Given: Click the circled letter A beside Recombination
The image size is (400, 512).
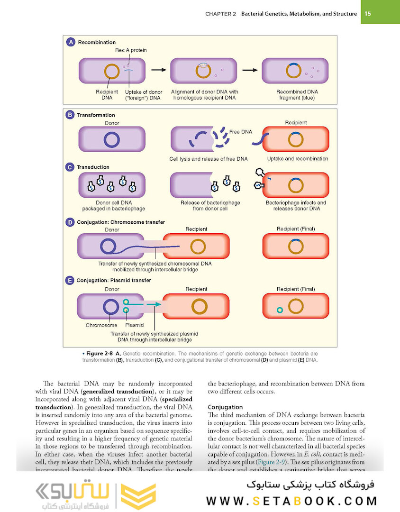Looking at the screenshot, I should click(x=71, y=42).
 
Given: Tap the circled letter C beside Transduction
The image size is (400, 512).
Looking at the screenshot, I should click(x=70, y=167).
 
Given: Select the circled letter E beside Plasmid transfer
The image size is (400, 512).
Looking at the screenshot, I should click(x=70, y=280).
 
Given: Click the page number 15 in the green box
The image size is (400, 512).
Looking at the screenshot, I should click(x=368, y=14).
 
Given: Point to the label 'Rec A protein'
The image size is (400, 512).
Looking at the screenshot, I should click(x=131, y=50).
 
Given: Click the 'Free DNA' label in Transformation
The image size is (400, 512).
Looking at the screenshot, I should click(x=241, y=132).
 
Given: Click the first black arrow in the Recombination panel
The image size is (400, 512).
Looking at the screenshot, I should click(x=159, y=70).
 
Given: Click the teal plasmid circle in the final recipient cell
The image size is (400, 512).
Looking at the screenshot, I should click(x=280, y=310).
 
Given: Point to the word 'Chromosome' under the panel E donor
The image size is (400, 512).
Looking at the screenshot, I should click(x=101, y=326).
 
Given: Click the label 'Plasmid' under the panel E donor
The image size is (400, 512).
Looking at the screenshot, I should click(x=134, y=326).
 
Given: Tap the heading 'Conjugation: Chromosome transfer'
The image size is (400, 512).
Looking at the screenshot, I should click(x=120, y=222).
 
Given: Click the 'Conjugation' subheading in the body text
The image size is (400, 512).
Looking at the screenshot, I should click(x=225, y=407).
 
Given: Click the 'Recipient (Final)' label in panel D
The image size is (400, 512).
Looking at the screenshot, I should click(x=296, y=229).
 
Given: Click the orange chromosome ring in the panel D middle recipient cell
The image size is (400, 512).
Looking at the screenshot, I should click(x=198, y=247).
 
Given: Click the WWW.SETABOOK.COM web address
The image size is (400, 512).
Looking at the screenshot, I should click(x=291, y=501).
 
